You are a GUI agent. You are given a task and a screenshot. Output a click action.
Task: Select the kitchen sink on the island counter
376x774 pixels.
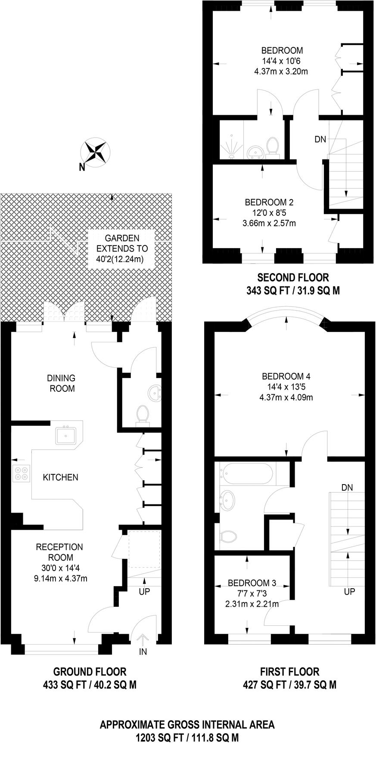(x=66, y=435)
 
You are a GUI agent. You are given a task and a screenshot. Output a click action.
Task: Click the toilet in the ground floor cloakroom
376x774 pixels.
(x=143, y=415)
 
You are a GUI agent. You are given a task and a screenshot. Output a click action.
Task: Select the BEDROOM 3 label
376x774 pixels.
(x=252, y=583)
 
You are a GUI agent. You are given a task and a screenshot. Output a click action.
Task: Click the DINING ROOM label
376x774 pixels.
(x=61, y=383)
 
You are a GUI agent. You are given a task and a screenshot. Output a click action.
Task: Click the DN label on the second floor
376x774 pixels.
(x=320, y=139)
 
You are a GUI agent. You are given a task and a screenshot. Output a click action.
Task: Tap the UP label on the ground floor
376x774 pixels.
(x=144, y=592)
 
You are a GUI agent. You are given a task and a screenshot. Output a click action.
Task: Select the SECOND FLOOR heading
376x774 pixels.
(x=293, y=277)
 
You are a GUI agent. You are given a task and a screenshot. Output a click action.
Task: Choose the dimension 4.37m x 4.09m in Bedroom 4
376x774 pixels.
(x=286, y=398)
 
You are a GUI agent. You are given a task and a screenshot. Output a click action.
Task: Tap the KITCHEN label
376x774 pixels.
(x=60, y=477)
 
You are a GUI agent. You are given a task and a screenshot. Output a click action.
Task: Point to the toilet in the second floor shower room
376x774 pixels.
(x=272, y=146)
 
